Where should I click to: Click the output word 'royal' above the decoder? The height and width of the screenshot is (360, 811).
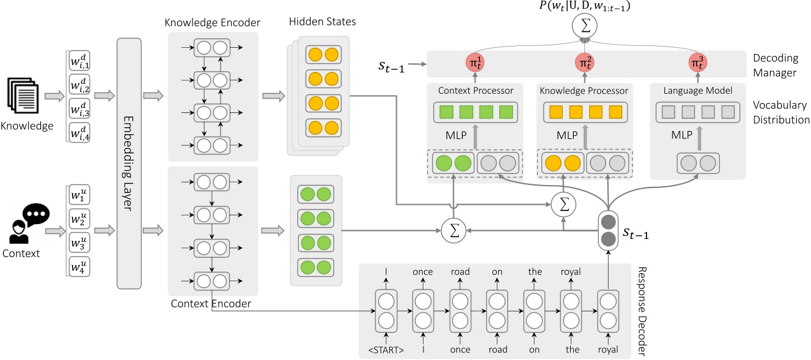[x=571, y=271]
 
